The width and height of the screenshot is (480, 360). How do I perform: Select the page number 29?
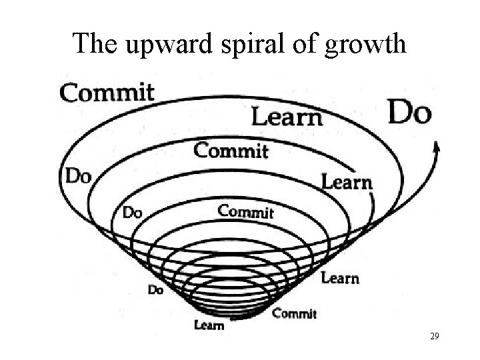435,337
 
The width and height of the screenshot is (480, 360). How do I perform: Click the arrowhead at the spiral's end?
437,148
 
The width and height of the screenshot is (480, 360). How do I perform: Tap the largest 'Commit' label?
107,92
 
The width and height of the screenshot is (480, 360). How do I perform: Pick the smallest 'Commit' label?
295,313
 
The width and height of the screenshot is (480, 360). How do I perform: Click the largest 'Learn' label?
287,118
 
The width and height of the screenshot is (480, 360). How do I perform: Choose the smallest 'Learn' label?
209,325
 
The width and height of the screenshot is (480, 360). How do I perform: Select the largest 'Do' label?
409,113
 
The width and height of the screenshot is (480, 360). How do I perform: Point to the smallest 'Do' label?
155,290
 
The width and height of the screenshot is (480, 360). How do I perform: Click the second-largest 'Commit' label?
231,150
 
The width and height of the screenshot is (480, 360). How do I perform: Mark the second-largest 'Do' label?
77,176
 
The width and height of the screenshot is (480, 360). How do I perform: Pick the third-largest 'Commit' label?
246,212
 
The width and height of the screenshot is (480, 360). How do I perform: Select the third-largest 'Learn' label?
340,277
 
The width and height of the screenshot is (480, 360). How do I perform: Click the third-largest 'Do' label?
133,213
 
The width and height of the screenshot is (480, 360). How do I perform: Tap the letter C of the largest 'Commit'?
68,93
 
